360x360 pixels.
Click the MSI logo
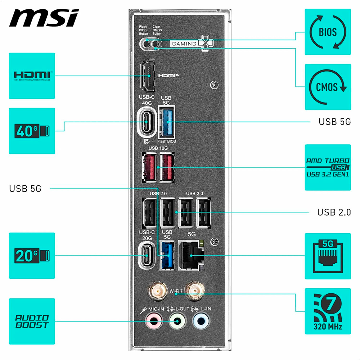pos(44,18)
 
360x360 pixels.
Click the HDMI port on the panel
pos(148,76)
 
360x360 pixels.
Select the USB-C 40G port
pos(147,123)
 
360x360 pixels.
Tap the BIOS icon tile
pos(328,32)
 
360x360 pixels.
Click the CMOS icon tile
pos(328,87)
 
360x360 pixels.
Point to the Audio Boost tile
pos(32,321)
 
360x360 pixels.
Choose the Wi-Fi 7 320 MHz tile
pos(328,311)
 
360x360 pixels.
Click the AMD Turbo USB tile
pos(328,167)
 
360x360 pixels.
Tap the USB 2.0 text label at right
pos(334,212)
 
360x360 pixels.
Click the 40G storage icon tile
pos(32,131)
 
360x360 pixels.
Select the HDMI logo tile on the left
pos(32,76)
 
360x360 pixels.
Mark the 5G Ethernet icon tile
pos(328,256)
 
